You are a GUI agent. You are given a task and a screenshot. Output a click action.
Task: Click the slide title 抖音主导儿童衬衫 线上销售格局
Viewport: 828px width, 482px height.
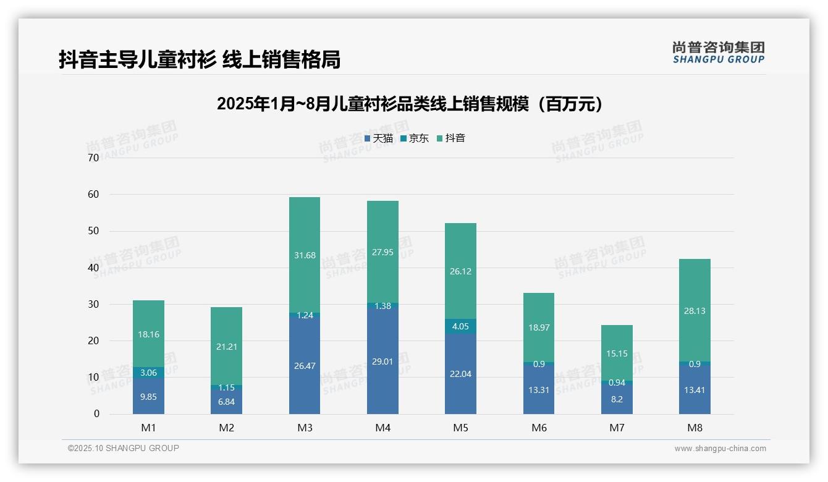coord(199,59)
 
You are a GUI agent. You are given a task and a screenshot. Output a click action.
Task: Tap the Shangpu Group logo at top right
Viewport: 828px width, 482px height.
coord(718,53)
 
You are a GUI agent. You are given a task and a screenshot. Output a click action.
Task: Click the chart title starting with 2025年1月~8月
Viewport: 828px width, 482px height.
coord(410,104)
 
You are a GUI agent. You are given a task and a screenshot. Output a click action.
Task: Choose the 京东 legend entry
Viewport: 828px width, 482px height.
coord(414,138)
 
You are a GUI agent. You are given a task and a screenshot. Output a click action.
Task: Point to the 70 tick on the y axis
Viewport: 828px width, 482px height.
coord(93,158)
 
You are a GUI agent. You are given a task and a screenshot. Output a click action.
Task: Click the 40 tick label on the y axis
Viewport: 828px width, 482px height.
coord(93,268)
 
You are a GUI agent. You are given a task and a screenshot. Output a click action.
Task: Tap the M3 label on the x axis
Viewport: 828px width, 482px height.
coord(305,428)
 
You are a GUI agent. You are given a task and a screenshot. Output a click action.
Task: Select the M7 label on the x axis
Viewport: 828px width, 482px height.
coord(617,428)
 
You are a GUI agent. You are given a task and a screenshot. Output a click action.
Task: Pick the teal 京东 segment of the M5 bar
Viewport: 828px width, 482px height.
coord(461,326)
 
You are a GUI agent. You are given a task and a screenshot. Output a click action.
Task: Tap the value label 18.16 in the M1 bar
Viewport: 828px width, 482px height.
coord(148,334)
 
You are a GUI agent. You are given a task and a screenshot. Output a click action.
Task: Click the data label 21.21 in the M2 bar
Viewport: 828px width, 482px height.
coord(227,347)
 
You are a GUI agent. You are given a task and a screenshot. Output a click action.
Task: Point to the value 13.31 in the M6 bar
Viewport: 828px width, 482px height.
coord(539,390)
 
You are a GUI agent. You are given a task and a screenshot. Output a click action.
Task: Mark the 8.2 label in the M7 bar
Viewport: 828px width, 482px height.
coord(617,399)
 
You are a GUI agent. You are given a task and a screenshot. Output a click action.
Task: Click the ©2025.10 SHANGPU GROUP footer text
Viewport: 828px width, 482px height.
coord(124,448)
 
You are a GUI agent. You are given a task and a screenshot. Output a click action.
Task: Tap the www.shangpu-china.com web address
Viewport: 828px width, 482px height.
coord(720,448)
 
